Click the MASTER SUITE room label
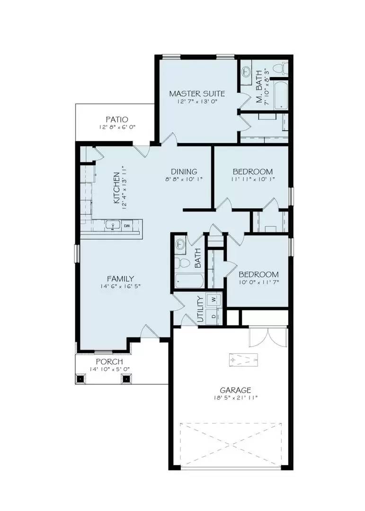point(197,93)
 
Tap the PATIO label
point(116,120)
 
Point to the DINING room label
point(184,171)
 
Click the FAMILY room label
point(120,278)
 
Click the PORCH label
point(109,361)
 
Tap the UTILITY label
point(200,309)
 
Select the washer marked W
point(214,299)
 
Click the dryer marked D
point(214,316)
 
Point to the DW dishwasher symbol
point(127,226)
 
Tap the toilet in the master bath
point(283,69)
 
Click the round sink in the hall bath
point(180,244)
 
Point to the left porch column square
point(80,379)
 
